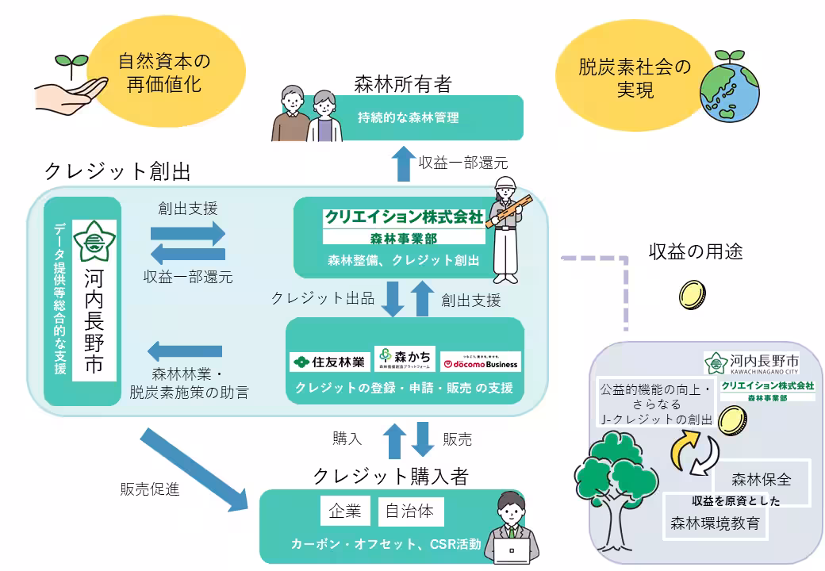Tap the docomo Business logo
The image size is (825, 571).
click(481, 362)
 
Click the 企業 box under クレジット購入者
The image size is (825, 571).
click(345, 512)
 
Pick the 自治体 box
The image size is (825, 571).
click(409, 512)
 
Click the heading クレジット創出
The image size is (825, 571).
click(117, 171)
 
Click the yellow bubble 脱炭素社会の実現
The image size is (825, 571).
click(635, 78)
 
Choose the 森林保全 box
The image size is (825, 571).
click(762, 480)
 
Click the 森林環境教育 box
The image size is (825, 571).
click(716, 523)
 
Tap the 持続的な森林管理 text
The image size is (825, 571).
click(409, 118)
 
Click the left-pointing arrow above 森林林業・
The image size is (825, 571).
click(186, 350)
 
